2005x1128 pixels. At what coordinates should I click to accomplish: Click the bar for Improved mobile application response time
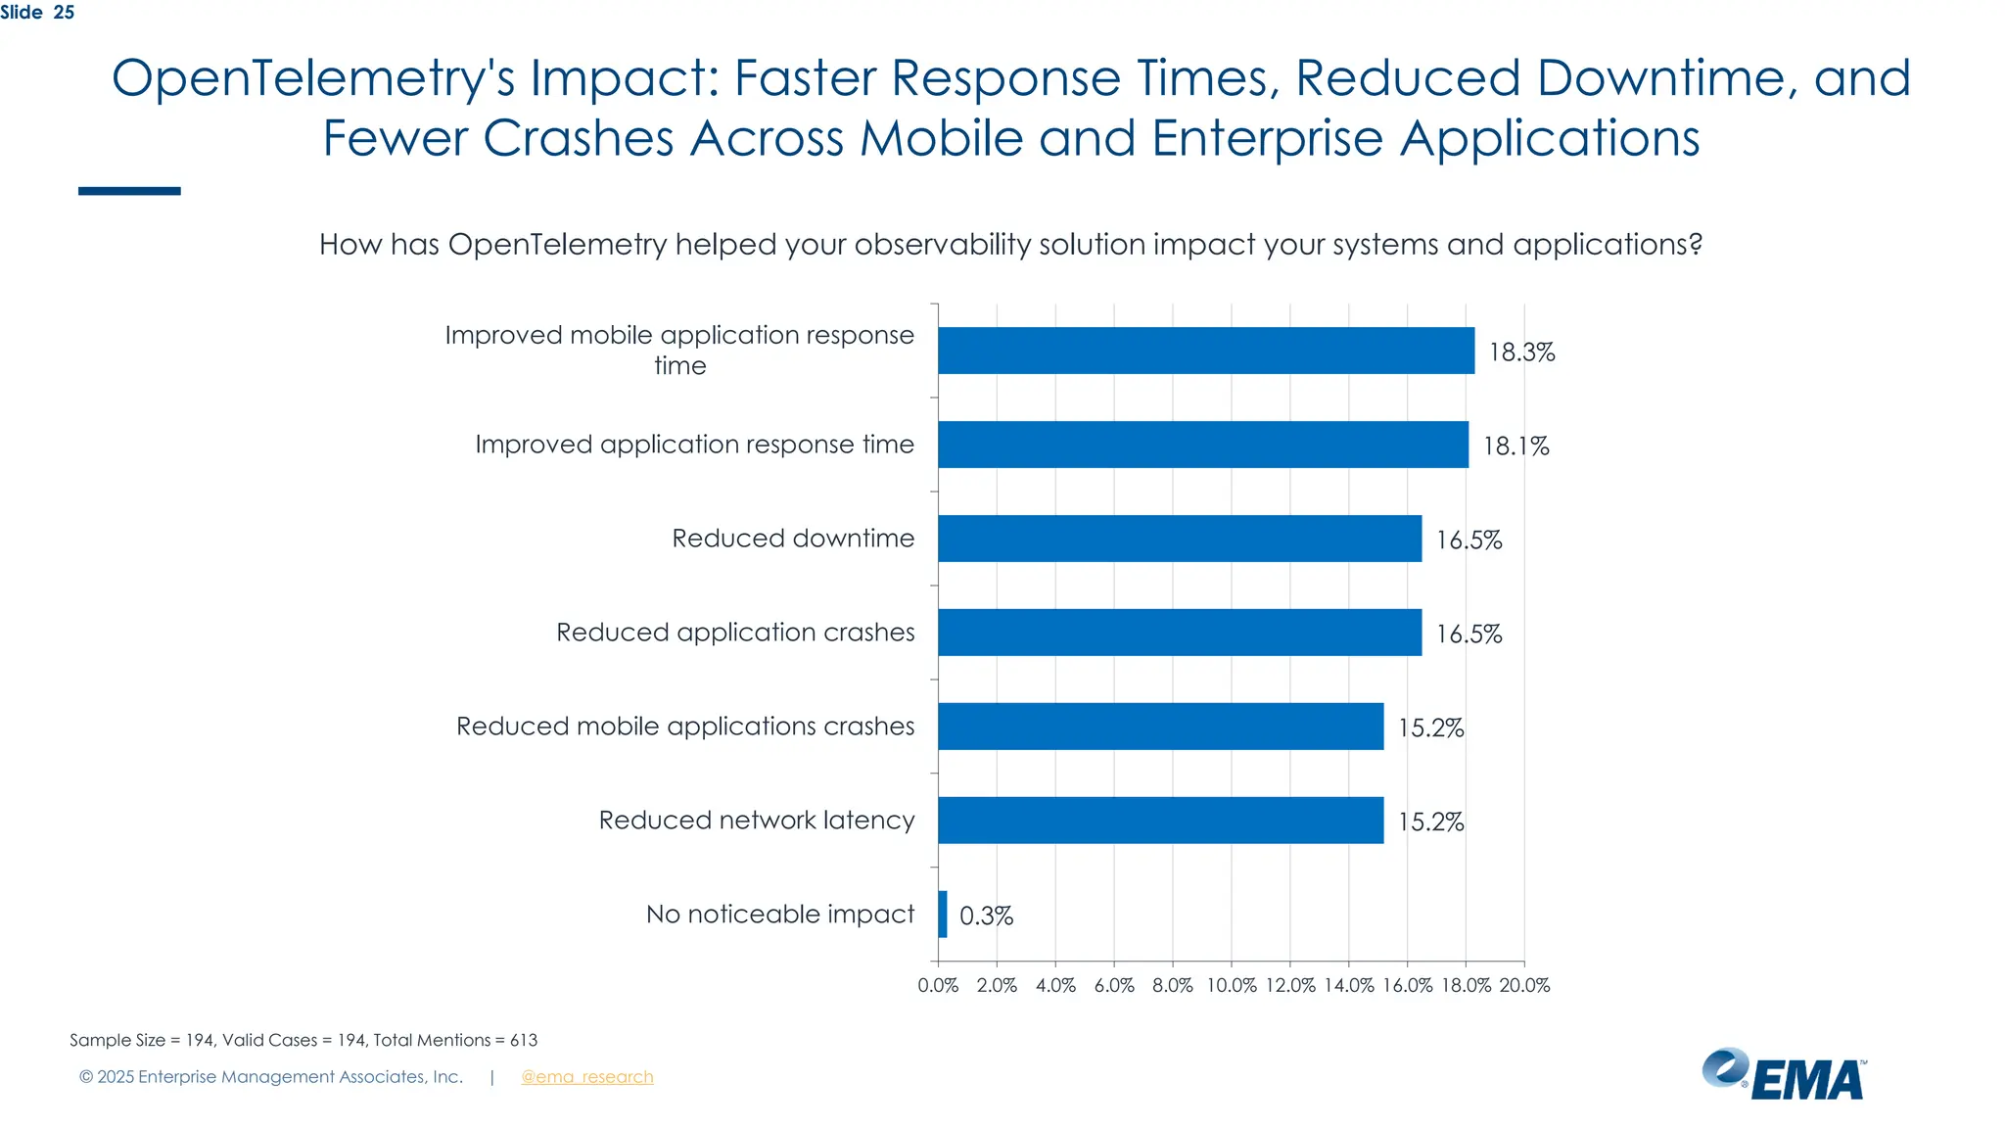pos(1205,351)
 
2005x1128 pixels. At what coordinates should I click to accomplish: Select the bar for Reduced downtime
pos(1179,539)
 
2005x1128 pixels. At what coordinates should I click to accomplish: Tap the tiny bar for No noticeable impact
pos(943,915)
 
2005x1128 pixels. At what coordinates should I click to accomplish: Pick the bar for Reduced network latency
pos(1160,821)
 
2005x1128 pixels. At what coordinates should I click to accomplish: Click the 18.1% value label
pos(1515,446)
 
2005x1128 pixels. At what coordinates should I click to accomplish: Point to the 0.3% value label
pos(986,916)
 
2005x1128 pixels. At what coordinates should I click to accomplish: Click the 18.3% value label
pos(1521,352)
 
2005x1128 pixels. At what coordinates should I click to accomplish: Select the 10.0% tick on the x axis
pos(1231,985)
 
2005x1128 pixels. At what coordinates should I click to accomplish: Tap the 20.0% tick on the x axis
pos(1524,985)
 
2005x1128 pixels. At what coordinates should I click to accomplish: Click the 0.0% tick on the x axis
pos(938,985)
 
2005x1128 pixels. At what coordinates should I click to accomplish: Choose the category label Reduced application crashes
pos(735,633)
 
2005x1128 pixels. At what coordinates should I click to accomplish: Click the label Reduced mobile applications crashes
pos(685,727)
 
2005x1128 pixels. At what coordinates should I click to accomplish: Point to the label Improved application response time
pos(694,445)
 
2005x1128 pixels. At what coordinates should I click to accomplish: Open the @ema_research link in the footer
pos(586,1077)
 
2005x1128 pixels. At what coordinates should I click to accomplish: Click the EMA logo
pos(1784,1075)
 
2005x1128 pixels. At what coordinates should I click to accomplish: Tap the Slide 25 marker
pos(37,13)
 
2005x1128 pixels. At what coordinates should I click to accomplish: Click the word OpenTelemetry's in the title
pos(313,78)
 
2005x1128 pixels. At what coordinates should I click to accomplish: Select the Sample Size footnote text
pos(303,1040)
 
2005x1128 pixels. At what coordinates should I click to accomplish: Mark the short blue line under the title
pos(129,191)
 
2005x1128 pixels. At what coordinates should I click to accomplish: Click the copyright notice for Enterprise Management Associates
pos(271,1077)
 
